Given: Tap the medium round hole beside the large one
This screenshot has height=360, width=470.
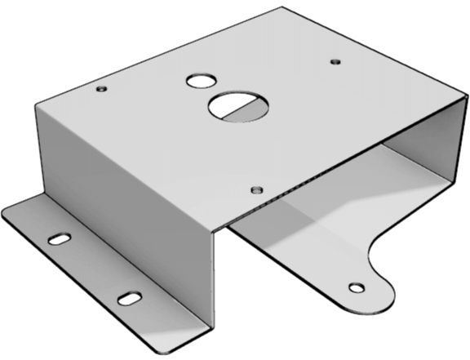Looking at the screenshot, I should [x=197, y=81].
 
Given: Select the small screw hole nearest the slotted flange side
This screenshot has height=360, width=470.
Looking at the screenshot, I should [x=100, y=87].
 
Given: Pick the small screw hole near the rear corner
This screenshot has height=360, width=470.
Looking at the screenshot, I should [x=335, y=60].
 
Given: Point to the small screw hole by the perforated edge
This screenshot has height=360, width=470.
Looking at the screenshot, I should [x=256, y=189].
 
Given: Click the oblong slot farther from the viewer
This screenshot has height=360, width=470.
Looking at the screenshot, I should [x=60, y=239].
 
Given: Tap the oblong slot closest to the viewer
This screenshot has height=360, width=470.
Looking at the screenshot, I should [x=128, y=298].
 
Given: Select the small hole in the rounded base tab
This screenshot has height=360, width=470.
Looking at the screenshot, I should [x=355, y=287].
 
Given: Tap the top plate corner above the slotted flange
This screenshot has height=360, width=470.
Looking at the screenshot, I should [x=38, y=102].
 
